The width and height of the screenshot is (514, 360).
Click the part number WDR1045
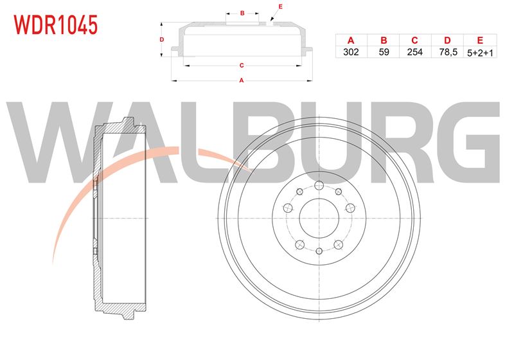pos(56,25)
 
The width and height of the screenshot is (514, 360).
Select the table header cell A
pos(351,40)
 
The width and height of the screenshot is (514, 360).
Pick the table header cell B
pos(384,40)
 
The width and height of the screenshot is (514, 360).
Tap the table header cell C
pos(414,40)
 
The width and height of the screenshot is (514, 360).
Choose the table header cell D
pos(447,40)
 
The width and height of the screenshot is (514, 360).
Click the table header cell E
pos(480,40)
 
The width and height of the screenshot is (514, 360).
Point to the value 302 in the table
pos(351,52)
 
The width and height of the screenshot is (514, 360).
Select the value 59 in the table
pos(384,52)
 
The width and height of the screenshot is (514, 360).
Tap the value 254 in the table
pos(414,52)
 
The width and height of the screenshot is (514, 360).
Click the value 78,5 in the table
pos(448,52)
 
